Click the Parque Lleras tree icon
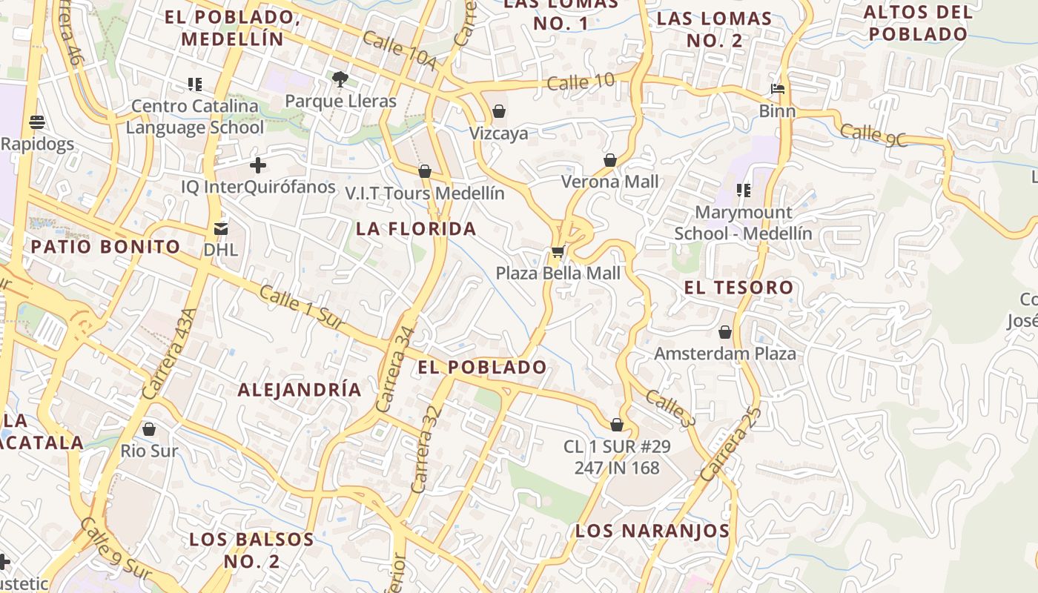340,79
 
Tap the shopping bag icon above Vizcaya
499,112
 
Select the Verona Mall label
609,182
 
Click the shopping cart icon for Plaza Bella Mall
558,253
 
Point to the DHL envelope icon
221,228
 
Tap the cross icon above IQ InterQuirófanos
258,165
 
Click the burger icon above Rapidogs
37,122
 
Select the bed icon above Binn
777,90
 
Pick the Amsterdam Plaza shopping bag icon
725,332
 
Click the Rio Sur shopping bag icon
149,429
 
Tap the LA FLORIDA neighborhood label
416,228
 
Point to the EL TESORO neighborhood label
738,288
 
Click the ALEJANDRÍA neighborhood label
300,390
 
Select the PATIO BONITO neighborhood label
105,247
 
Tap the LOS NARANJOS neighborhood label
652,531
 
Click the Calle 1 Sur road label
303,308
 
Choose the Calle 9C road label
874,135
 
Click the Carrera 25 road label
731,444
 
